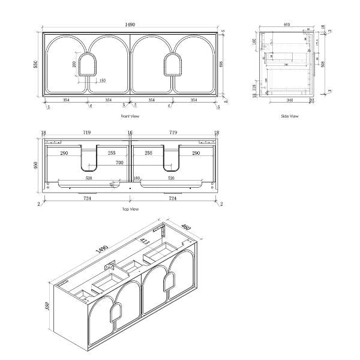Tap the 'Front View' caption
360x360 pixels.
[x=130, y=116]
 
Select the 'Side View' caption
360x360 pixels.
[x=289, y=116]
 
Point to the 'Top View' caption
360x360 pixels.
[x=130, y=209]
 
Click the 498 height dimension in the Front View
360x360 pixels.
[x=223, y=64]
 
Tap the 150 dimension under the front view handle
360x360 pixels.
[x=102, y=80]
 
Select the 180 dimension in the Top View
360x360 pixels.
[x=136, y=178]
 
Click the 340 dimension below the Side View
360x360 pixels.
[x=290, y=100]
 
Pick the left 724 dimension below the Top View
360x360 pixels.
[x=86, y=198]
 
